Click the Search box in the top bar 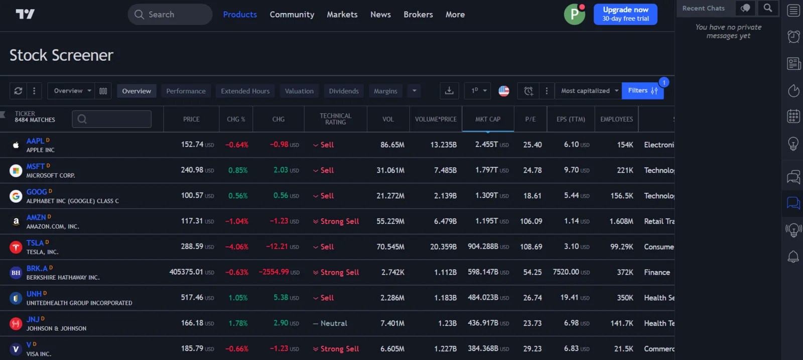point(170,15)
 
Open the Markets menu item point(342,15)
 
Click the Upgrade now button point(625,14)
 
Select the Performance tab point(186,91)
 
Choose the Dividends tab point(343,91)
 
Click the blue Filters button point(642,91)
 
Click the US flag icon point(504,91)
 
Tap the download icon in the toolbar point(449,91)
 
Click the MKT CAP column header point(487,119)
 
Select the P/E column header point(530,119)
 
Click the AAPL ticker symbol point(35,141)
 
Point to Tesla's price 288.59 point(192,247)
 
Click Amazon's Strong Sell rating point(339,221)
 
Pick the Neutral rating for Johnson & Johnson point(333,323)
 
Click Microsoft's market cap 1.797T point(486,170)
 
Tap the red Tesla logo point(16,247)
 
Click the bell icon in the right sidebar point(793,257)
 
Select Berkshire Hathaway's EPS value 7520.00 point(566,272)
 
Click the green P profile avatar point(574,15)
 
